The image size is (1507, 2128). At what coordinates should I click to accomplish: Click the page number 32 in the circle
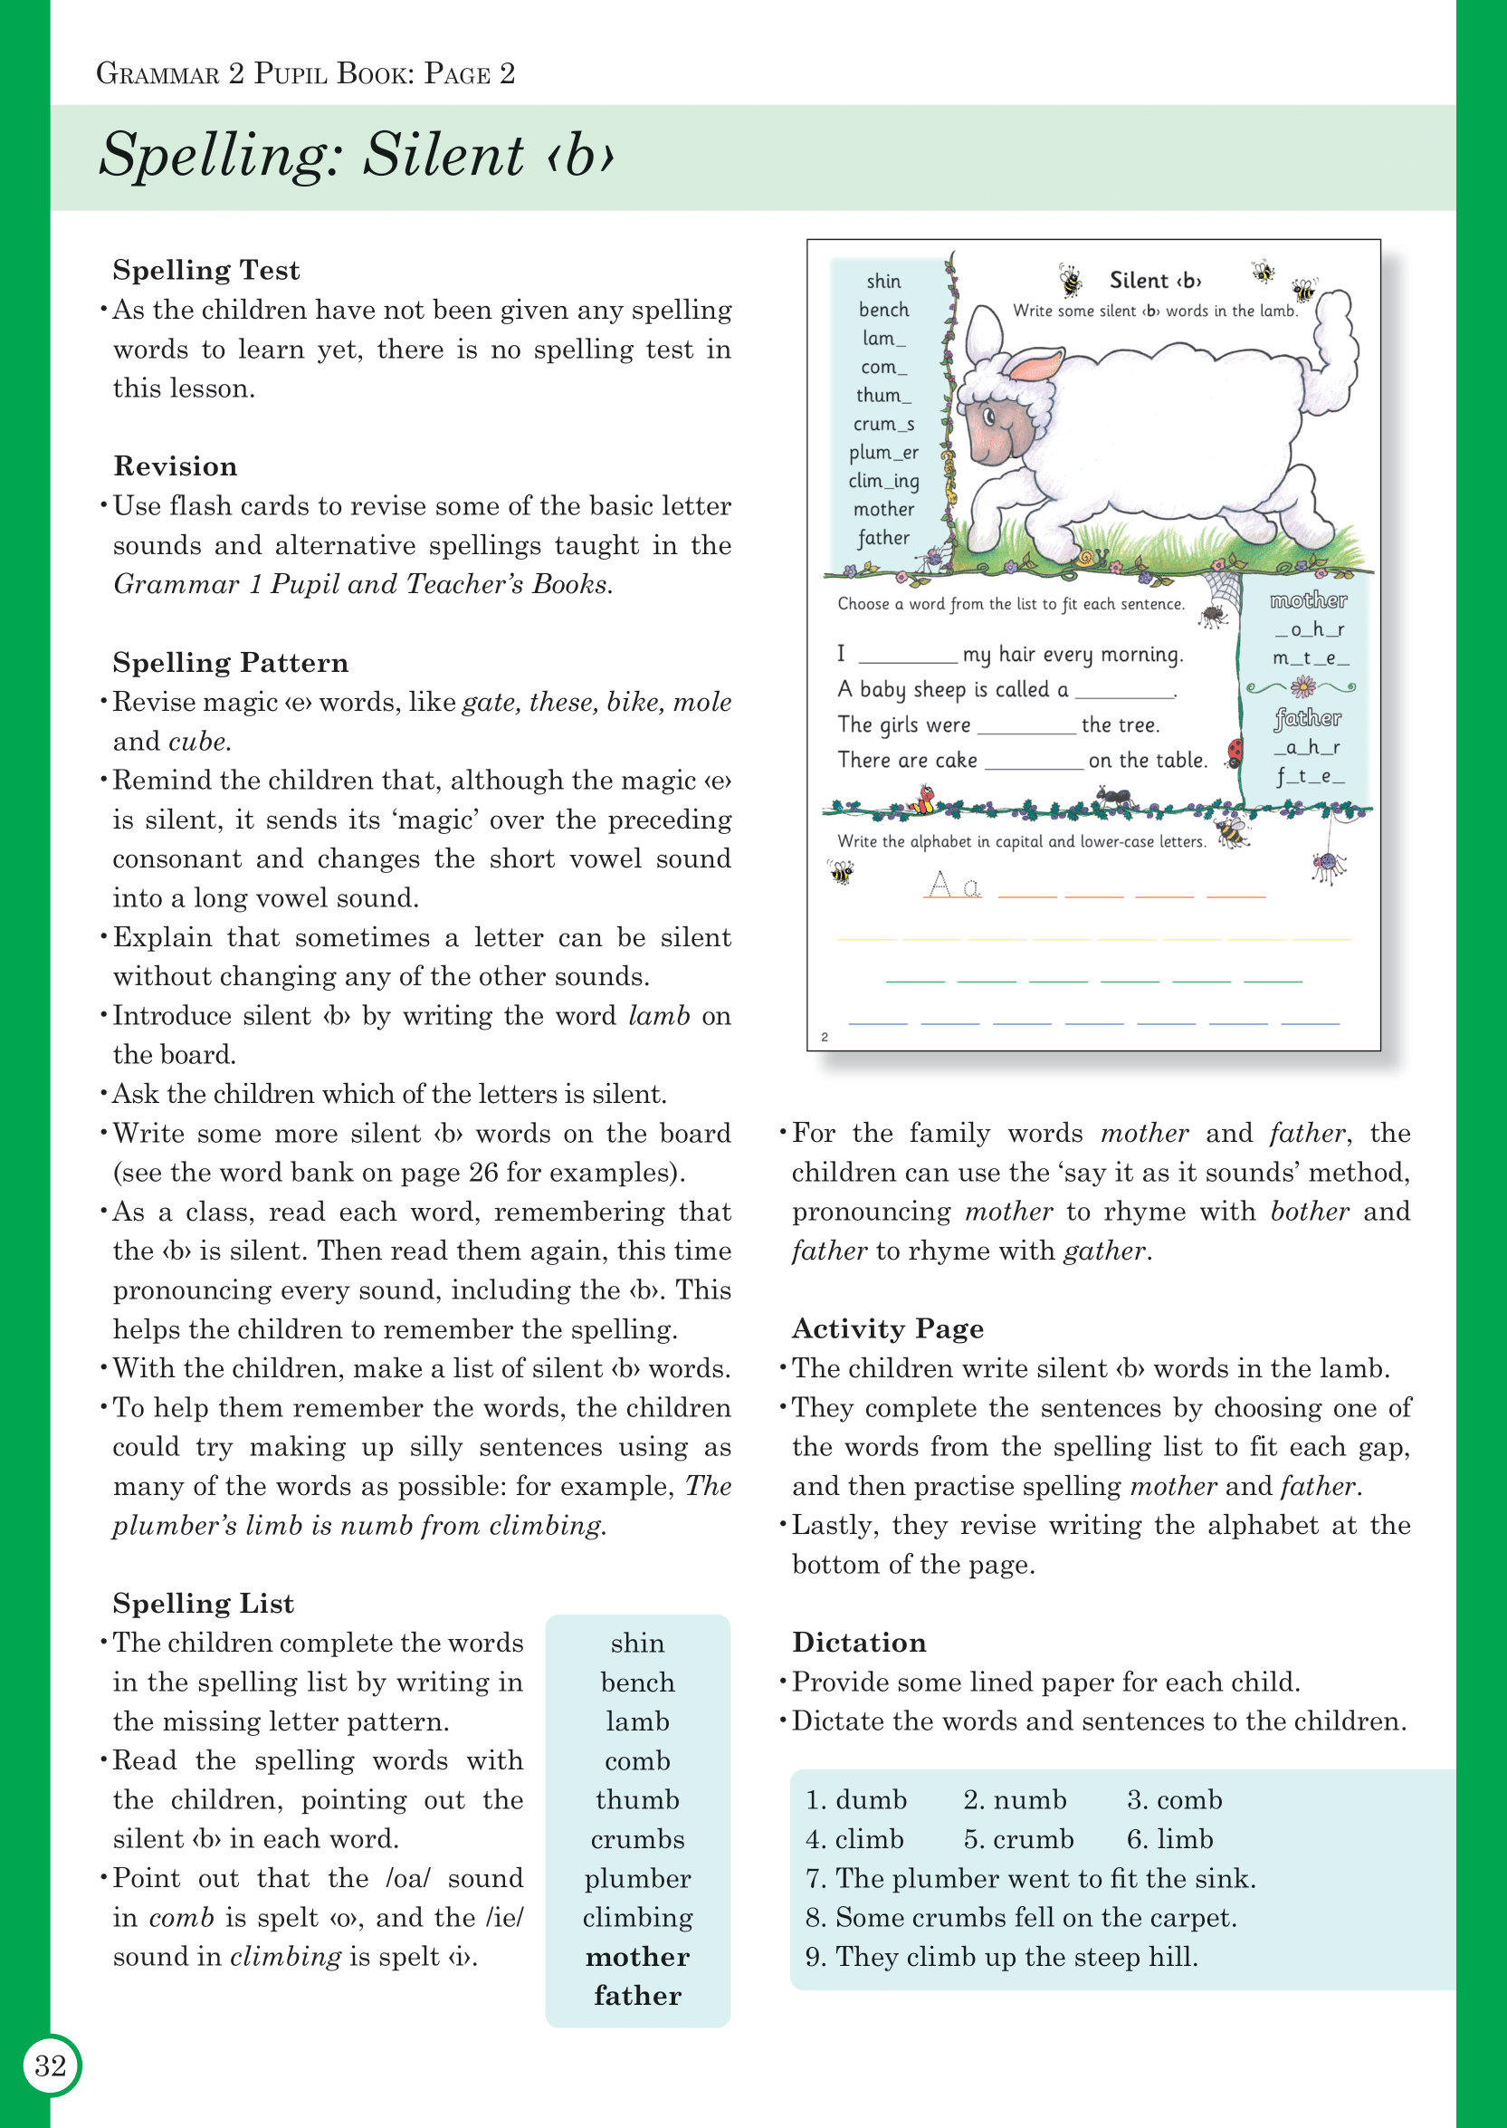point(51,2066)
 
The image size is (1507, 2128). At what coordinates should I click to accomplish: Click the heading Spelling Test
point(206,270)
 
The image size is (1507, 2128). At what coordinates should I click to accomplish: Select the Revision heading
point(176,466)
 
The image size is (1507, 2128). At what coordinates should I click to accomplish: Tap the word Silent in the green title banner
point(443,154)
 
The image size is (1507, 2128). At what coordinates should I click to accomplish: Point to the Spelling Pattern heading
point(230,663)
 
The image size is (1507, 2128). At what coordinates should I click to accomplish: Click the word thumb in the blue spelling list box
point(637,1800)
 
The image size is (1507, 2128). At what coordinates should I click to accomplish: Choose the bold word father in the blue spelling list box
point(637,1996)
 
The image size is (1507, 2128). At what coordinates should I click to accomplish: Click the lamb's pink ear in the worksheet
point(1035,365)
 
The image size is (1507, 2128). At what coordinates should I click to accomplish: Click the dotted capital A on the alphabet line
point(940,884)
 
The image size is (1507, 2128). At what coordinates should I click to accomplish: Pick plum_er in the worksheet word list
point(883,452)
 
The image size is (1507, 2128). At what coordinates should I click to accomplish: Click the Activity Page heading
point(887,1329)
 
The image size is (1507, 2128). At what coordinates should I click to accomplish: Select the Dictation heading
point(858,1643)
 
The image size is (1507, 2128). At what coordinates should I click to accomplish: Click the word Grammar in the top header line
point(157,74)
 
